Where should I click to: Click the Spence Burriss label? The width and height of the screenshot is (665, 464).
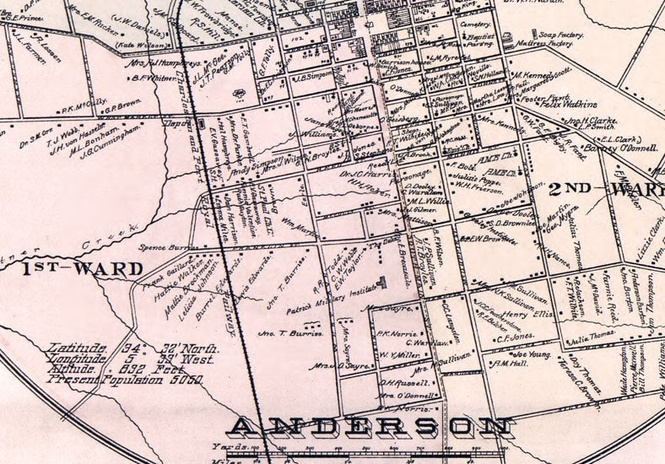[x=165, y=248]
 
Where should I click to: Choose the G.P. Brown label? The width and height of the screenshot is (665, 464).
[x=122, y=105]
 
